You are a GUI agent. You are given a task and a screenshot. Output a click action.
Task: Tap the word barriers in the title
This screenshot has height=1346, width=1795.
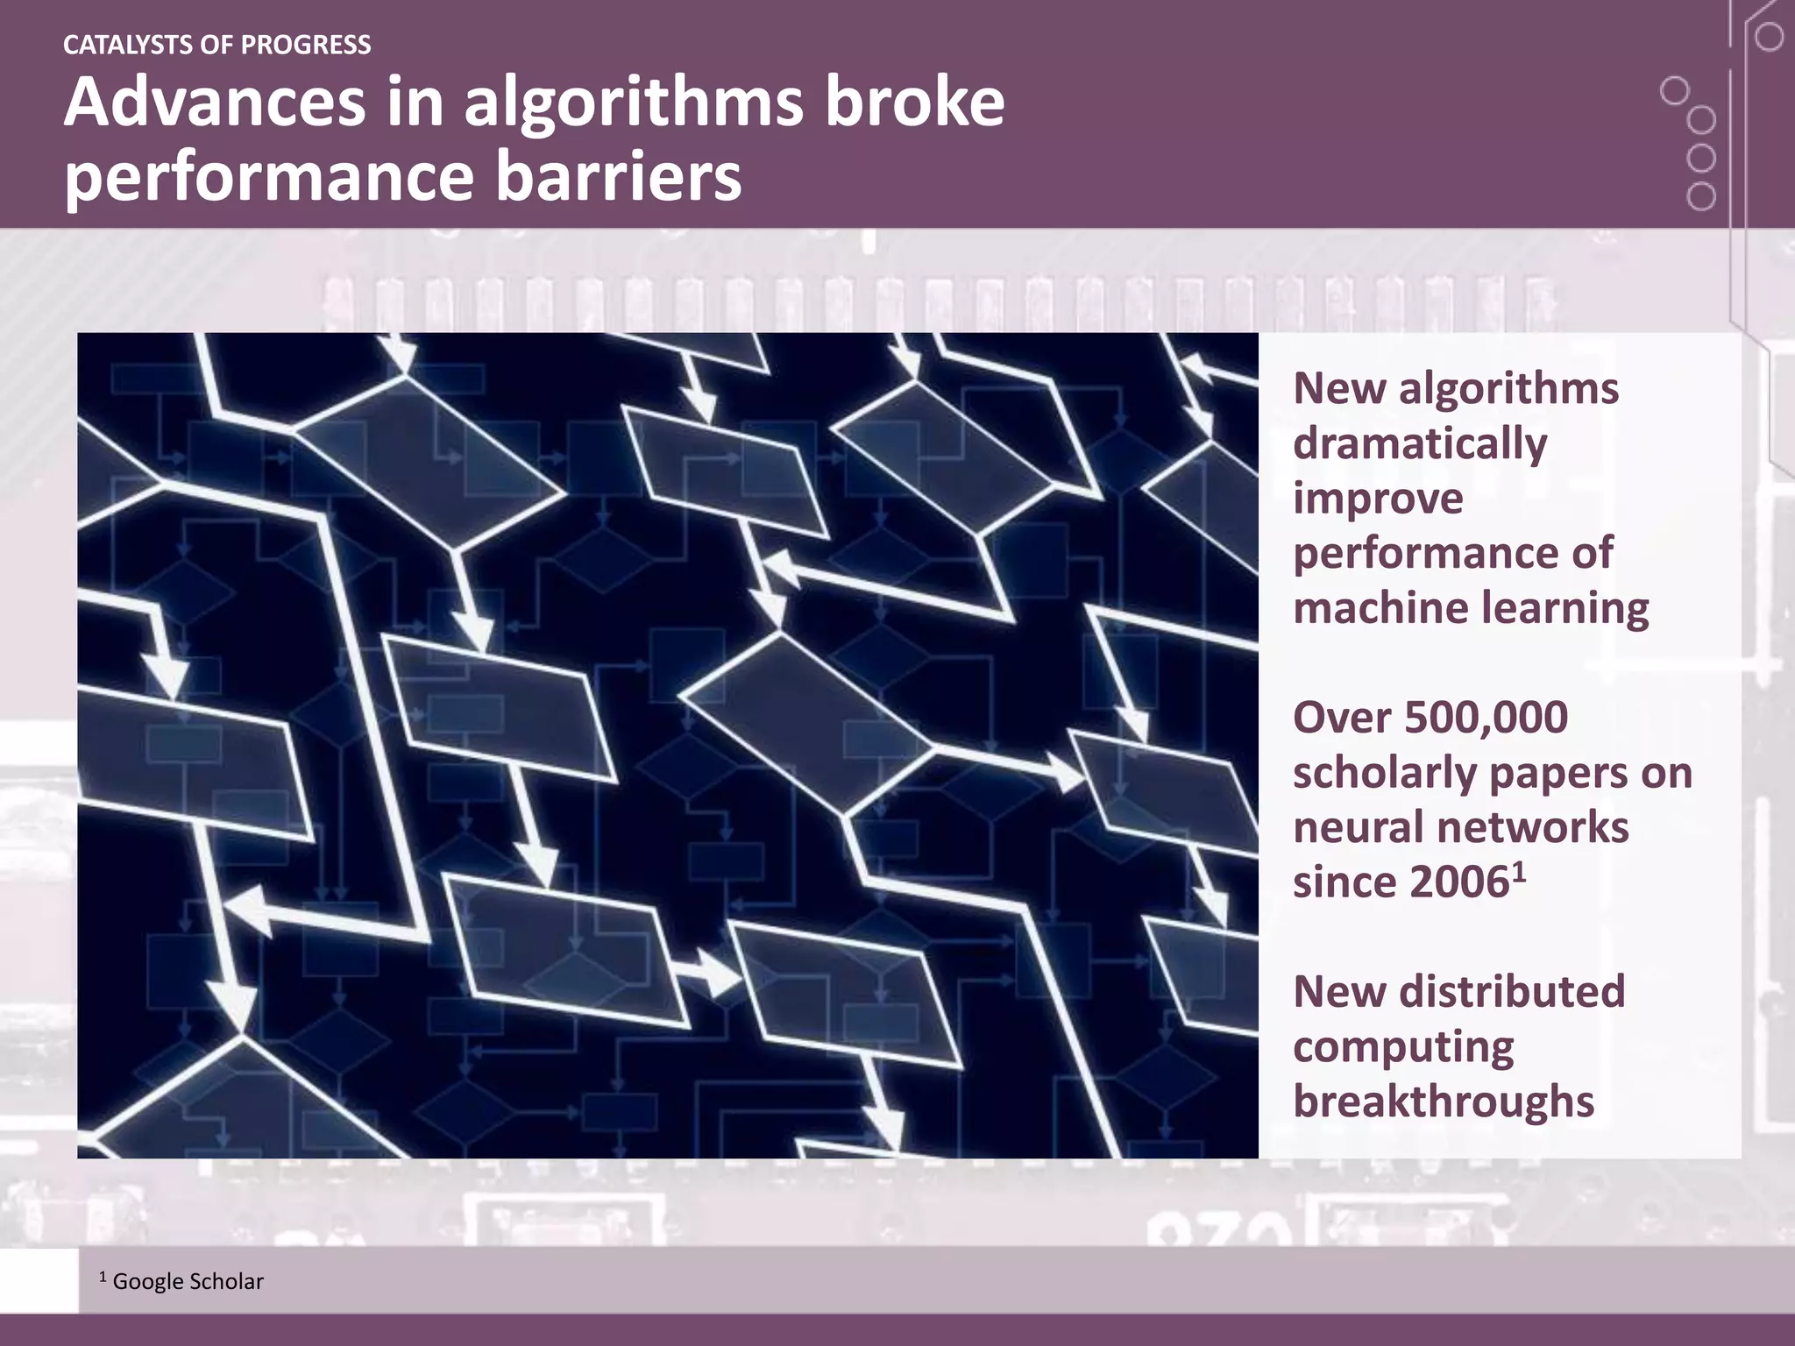619,175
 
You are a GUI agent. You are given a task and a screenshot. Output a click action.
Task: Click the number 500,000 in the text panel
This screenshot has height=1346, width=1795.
1486,717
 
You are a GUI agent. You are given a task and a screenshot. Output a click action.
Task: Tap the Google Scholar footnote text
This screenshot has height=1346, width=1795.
188,1282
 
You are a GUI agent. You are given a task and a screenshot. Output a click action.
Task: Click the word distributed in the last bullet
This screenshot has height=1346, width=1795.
1512,991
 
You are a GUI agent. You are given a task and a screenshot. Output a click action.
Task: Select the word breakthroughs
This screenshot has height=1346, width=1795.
1444,1102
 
